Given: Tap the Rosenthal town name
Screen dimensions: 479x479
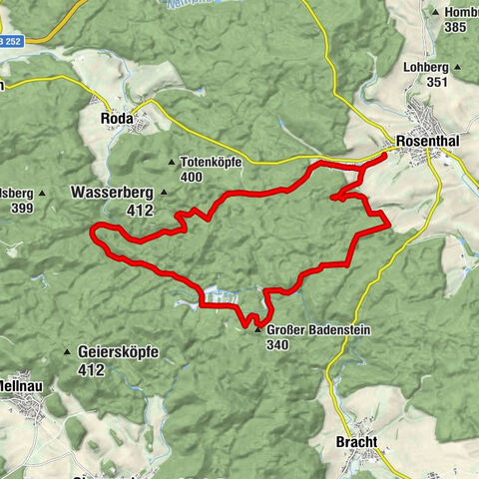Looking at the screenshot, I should (426, 142).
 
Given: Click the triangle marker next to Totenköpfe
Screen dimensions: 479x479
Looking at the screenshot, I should (172, 161).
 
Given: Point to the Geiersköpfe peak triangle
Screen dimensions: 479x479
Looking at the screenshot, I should (67, 352).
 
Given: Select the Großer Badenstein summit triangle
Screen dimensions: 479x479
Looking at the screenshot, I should (257, 330).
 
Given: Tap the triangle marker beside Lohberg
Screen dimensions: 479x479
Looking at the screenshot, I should (458, 69).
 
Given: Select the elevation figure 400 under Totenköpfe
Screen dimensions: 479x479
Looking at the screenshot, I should (192, 177).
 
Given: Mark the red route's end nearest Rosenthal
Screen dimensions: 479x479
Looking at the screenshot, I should (385, 156).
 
